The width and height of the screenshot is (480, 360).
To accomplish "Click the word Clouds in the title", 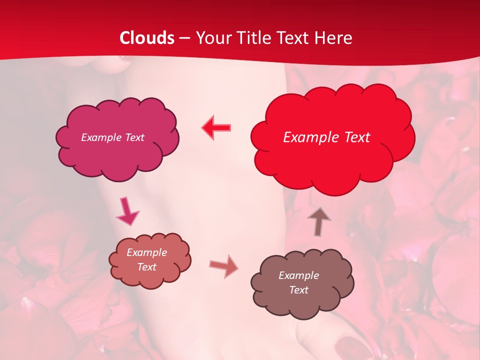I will (147, 38).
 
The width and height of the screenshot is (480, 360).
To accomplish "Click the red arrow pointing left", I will (216, 128).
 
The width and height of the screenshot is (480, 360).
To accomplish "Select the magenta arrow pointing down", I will (128, 211).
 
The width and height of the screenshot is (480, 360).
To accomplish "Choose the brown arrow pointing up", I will (318, 221).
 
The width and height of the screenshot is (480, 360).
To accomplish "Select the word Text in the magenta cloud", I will (134, 137).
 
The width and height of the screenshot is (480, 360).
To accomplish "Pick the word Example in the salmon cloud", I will (146, 252).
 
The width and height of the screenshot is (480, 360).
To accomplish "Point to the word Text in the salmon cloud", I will (146, 267).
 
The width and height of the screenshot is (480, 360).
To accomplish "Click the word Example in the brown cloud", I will (298, 275).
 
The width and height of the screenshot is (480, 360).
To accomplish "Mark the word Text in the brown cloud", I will (298, 290).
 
